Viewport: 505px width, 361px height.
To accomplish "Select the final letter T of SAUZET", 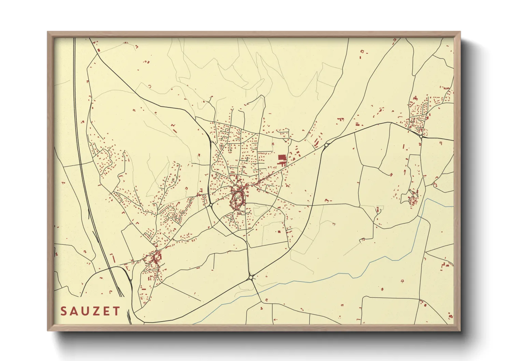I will pos(117,311).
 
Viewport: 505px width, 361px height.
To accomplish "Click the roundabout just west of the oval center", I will pos(211,205).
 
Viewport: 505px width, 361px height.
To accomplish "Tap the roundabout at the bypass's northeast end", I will pos(326,145).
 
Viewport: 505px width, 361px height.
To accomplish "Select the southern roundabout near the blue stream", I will pos(251,278).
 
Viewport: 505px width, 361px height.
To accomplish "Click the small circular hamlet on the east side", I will pos(413,201).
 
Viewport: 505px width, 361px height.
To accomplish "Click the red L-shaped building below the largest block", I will pos(283,164).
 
